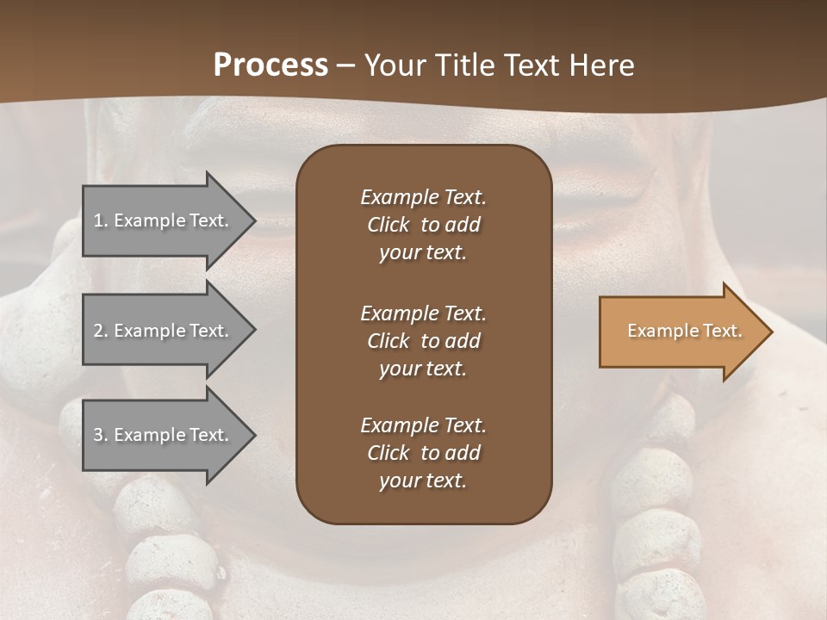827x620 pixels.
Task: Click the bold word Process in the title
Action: pyautogui.click(x=270, y=65)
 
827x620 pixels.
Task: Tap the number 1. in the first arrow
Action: pyautogui.click(x=101, y=220)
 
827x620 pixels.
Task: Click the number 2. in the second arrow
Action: pyautogui.click(x=101, y=331)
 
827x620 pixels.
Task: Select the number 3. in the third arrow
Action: pyautogui.click(x=101, y=435)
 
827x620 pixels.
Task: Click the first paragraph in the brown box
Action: pyautogui.click(x=423, y=225)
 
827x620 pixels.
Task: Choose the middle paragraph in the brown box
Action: pyautogui.click(x=423, y=341)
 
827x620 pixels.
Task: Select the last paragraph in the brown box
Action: pyautogui.click(x=423, y=453)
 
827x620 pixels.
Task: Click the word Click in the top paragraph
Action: pyautogui.click(x=389, y=225)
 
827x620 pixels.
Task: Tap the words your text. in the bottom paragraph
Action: pyautogui.click(x=423, y=481)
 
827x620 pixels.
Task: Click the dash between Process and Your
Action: pyautogui.click(x=346, y=65)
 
